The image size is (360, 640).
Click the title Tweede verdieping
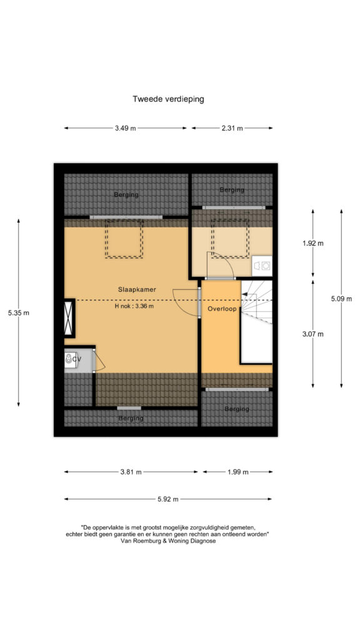coord(168,99)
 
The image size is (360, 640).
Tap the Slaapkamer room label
coord(137,289)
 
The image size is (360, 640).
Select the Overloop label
coord(222,309)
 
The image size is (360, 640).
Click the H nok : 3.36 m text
coord(134,306)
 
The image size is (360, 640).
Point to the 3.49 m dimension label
coord(125,128)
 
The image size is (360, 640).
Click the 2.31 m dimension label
coord(232,128)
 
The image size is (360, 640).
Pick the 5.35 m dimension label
coord(19,313)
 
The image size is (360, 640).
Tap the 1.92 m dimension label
coord(313,243)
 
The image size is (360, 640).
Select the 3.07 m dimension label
coord(313,334)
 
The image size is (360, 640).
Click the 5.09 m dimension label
coord(341,299)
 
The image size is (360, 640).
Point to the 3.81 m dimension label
coord(131,472)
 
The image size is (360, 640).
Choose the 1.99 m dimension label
coord(238,472)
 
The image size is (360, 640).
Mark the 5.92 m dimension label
coord(168,499)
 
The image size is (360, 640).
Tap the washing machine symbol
coord(262,266)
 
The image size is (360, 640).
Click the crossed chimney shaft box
coord(69,318)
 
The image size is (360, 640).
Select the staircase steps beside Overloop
coord(256,302)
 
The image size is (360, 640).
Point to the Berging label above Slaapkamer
coord(126,195)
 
